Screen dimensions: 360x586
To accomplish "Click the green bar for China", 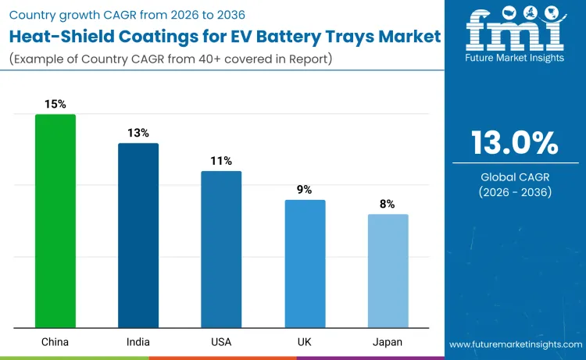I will coord(55,221).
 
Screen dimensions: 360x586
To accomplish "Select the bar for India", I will coord(138,235).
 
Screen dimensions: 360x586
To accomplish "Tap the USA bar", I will coord(221,249).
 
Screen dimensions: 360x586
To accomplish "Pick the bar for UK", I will coord(305,264).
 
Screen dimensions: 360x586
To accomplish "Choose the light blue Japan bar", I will coord(388,271).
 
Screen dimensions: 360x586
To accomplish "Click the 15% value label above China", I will coord(55,104).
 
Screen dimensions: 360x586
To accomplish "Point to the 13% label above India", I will coord(138,133).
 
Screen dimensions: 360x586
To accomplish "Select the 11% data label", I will coord(221,161).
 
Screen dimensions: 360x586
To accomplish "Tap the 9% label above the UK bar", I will coord(305,190).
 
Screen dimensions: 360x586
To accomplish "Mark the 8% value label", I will coord(388,204).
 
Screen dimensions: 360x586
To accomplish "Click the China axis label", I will coord(55,341).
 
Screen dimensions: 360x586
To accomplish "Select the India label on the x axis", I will coord(138,341).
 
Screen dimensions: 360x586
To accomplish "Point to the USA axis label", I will coord(221,341).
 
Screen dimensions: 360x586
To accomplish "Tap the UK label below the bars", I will coord(305,341).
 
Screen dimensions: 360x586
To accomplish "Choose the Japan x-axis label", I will coord(388,341).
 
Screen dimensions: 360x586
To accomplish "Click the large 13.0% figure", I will coord(514,143).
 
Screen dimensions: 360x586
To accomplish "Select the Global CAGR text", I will coord(514,177).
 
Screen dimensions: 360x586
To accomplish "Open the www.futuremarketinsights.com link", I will coord(515,344).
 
